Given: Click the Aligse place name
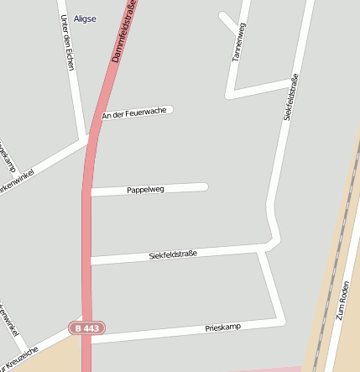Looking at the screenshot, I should pos(86,18).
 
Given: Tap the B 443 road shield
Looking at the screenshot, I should pos(87,327).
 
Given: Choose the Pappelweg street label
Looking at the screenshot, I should pos(146,190).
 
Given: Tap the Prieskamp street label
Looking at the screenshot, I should pos(223,326).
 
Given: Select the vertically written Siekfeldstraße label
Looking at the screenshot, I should pos(290,99).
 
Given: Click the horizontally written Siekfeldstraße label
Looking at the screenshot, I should pos(173,254).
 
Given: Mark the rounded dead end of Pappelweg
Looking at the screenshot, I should pos(205,186).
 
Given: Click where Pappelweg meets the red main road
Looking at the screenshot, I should pos(87,192).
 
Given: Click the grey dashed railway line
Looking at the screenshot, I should pos(330,277).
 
